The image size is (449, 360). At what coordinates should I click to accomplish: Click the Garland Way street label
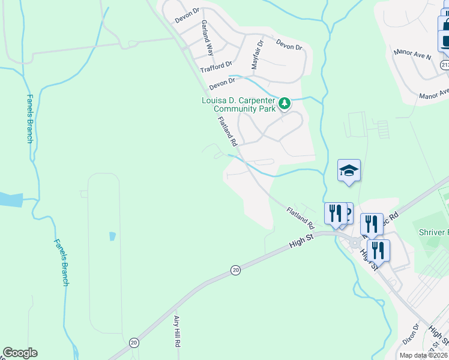[x=208, y=37]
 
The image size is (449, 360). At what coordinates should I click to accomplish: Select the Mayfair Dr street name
[x=257, y=55]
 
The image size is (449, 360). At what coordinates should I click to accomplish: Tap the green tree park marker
[x=285, y=104]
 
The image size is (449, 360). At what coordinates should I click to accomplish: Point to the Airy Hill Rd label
[x=177, y=332]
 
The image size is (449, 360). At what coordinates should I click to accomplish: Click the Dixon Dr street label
[x=411, y=335]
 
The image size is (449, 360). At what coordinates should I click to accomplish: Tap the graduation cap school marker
[x=349, y=171]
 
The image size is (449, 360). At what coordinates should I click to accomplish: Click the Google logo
[x=20, y=353]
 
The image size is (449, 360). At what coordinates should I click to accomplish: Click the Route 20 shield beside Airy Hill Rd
[x=134, y=342]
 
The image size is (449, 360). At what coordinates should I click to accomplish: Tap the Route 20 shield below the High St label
[x=235, y=271]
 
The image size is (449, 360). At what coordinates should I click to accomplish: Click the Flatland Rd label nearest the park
[x=228, y=131]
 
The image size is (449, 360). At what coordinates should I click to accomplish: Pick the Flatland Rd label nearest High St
[x=301, y=218]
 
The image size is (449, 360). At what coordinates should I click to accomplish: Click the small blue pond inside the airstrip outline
[x=112, y=236]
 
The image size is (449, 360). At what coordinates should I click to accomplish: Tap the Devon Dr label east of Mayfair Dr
[x=289, y=44]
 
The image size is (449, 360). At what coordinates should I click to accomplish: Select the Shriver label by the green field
[x=432, y=232]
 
